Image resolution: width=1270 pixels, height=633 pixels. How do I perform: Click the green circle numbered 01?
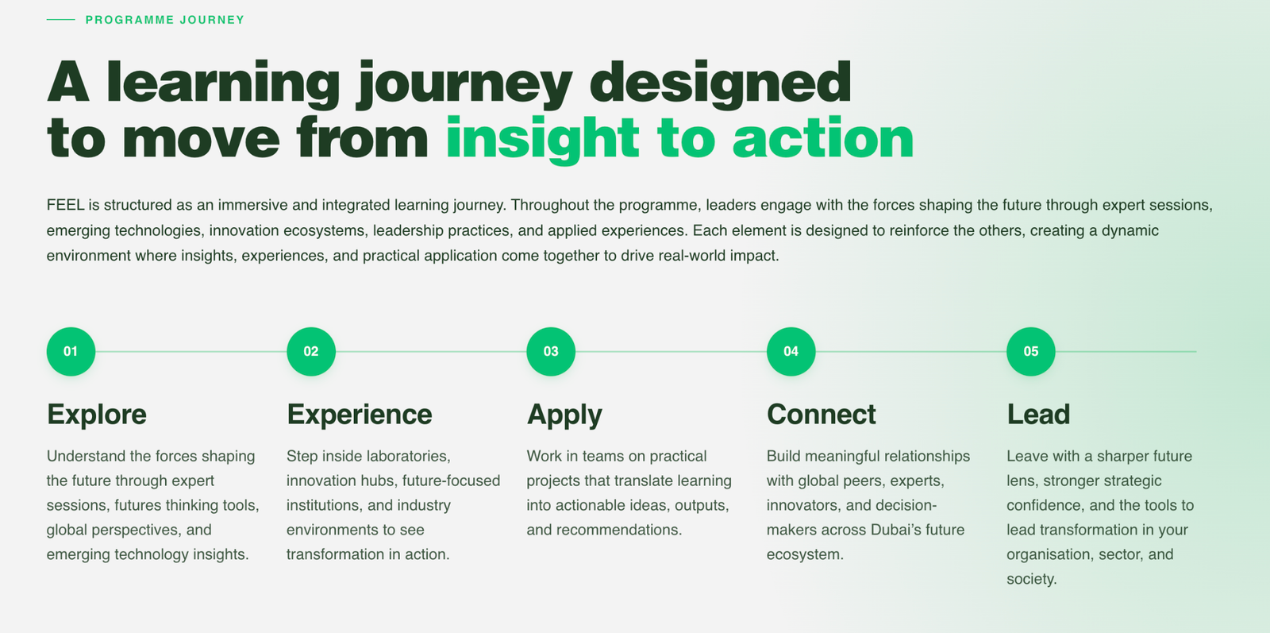tap(71, 352)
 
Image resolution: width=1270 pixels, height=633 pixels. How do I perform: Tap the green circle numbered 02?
tap(311, 352)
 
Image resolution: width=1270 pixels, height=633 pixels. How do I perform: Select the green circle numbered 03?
tap(551, 352)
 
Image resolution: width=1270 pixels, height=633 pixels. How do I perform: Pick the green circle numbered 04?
tap(791, 352)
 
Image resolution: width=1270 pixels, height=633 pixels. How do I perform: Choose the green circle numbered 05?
tap(1031, 352)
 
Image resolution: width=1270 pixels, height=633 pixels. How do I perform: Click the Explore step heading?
tap(96, 415)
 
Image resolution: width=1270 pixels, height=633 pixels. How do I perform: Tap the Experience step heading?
tap(360, 415)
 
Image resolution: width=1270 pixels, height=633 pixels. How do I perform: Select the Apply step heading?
tap(564, 415)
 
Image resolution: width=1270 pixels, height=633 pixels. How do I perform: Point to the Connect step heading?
tap(821, 415)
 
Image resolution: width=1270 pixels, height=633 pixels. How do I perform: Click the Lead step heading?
tap(1038, 415)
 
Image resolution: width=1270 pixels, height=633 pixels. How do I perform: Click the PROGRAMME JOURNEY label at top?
tap(165, 20)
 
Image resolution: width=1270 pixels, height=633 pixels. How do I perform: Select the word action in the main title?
tap(823, 139)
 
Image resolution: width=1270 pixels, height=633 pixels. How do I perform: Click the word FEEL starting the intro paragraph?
tap(65, 205)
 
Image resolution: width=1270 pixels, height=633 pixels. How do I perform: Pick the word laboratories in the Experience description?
tap(408, 456)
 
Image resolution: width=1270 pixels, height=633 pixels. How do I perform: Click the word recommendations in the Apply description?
tap(619, 530)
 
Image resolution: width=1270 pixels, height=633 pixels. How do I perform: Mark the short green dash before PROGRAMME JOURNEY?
tap(60, 20)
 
